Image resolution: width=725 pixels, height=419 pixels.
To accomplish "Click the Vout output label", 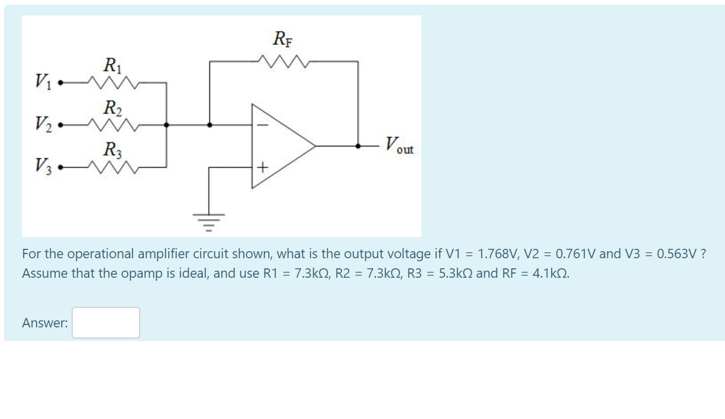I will point(399,145).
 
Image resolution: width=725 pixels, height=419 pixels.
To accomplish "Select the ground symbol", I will point(208,220).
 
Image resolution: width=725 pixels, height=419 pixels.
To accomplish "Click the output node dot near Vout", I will point(358,145).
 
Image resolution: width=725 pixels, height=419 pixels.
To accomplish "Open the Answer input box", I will point(106,323).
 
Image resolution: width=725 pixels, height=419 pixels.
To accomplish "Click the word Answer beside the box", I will point(45,323).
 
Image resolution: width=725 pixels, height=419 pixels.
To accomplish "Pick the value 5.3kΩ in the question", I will point(456,274).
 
